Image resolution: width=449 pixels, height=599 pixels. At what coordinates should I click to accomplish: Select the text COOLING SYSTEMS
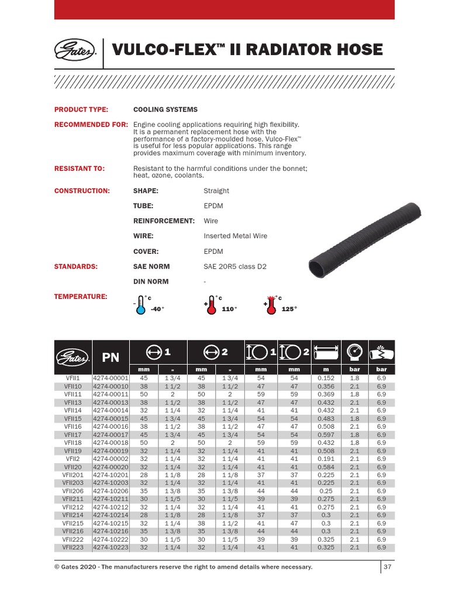165,109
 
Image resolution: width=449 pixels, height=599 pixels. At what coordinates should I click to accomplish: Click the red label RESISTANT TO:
80,168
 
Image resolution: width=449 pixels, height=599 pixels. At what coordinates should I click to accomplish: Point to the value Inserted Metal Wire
235,236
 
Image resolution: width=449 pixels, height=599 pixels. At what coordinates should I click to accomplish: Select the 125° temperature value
289,309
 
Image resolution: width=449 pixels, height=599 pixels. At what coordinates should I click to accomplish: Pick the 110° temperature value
229,309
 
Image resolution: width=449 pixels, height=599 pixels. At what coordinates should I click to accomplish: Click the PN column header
111,357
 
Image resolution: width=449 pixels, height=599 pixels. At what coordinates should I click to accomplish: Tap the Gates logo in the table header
73,357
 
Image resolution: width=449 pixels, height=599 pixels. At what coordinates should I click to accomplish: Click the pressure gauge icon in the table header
354,353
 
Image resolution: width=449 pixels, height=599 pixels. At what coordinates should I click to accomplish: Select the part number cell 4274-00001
110,378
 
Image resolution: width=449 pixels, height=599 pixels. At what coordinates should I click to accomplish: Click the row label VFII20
73,467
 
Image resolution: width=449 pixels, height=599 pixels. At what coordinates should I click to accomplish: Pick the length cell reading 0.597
326,435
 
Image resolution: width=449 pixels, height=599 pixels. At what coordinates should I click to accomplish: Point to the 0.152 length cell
326,378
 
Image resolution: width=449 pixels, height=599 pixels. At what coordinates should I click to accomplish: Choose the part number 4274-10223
110,548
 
